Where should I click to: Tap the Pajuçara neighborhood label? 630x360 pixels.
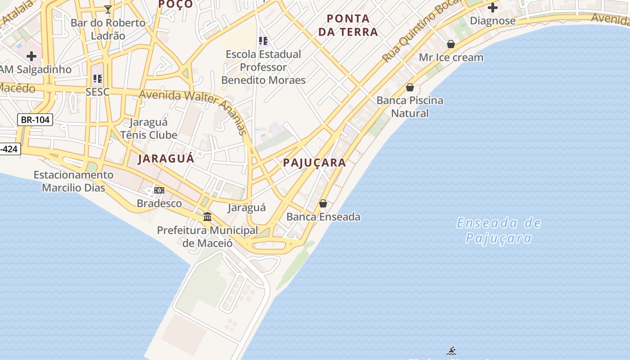(x=315, y=162)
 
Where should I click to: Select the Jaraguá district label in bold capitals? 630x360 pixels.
(x=166, y=158)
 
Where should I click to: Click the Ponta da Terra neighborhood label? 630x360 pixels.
(x=348, y=25)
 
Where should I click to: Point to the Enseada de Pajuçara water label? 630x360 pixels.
(x=499, y=230)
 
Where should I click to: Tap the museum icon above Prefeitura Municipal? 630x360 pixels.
(x=207, y=216)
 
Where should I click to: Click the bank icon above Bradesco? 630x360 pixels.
(x=159, y=190)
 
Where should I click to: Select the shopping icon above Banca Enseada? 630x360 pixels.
(x=323, y=203)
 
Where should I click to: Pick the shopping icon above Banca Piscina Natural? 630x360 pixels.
(x=410, y=87)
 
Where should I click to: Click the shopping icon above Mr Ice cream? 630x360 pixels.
(x=451, y=44)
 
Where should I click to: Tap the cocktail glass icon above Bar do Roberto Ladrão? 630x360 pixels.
(x=108, y=9)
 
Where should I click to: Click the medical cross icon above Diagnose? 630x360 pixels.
(x=493, y=8)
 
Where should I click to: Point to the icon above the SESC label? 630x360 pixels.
(x=98, y=79)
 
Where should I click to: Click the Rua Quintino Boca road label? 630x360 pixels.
(x=421, y=31)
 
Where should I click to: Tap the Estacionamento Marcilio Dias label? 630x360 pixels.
(x=73, y=181)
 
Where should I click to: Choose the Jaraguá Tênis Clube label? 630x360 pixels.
(x=148, y=128)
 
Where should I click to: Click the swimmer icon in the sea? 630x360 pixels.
(x=452, y=351)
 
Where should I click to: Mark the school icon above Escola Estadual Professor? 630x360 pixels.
(x=263, y=41)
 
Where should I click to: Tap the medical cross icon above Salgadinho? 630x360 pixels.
(x=31, y=56)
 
